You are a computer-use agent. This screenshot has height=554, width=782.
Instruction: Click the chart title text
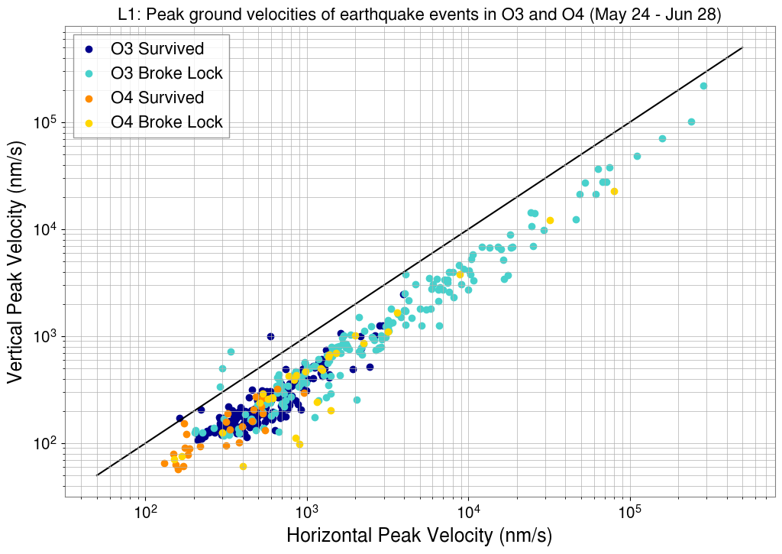[x=419, y=14]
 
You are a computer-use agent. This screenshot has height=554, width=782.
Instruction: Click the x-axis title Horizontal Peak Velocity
[x=419, y=536]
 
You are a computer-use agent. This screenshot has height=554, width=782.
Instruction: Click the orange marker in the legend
[x=89, y=98]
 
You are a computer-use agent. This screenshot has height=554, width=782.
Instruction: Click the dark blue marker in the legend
[x=89, y=50]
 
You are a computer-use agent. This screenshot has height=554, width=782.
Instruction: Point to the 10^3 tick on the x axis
[x=306, y=510]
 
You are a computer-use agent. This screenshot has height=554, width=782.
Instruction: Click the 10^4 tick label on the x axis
[x=468, y=510]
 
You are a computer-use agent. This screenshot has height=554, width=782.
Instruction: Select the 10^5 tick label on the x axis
[x=629, y=510]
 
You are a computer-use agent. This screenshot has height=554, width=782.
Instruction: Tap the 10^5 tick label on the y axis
[x=47, y=123]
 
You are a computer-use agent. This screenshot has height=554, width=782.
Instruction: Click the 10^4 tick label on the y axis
[x=47, y=230]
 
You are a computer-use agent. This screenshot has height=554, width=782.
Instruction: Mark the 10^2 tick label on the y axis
[x=47, y=444]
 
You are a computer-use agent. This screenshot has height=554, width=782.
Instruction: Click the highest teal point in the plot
[x=703, y=86]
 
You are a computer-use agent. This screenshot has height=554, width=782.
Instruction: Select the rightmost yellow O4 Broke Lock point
[x=614, y=191]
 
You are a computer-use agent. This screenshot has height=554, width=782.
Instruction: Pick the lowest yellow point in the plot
[x=243, y=466]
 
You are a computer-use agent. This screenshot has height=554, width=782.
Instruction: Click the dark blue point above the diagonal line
[x=270, y=336]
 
